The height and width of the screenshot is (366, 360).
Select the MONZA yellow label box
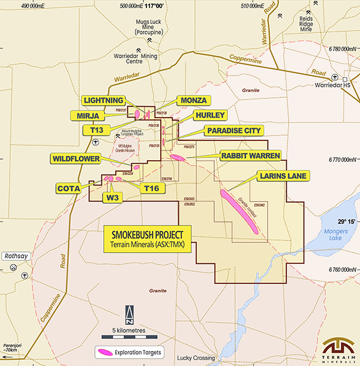[191, 100]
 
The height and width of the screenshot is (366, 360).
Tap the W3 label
[113, 197]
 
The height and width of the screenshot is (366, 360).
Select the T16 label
[151, 188]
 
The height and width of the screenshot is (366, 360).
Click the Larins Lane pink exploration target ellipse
[239, 211]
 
